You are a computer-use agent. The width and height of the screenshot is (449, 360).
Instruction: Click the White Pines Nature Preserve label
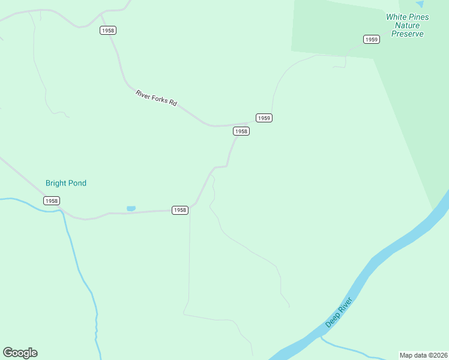click(408, 25)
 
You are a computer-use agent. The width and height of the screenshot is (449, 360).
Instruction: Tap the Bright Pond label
click(66, 183)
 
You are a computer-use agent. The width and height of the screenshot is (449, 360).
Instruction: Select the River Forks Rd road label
click(156, 98)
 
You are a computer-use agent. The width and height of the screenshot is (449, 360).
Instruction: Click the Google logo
click(20, 353)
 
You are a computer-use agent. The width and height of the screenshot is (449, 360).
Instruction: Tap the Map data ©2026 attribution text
click(423, 355)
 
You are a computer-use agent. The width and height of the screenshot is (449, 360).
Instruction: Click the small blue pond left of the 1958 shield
click(131, 208)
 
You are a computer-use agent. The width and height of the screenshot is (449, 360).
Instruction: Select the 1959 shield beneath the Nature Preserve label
click(372, 40)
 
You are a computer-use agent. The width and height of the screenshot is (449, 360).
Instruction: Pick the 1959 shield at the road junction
click(264, 118)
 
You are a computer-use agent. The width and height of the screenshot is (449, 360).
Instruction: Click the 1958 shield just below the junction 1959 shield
click(241, 131)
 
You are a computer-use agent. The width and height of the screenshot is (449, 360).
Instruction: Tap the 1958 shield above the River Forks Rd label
click(108, 31)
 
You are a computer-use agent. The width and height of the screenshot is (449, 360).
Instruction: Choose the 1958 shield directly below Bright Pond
click(52, 201)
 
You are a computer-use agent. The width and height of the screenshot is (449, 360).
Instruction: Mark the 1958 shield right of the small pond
click(179, 210)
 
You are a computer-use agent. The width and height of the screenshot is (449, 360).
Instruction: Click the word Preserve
click(408, 34)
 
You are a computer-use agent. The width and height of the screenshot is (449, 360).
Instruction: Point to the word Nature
click(408, 26)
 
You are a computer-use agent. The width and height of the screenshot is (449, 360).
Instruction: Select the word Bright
click(56, 183)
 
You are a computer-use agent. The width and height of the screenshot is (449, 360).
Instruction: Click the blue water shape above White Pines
click(420, 4)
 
